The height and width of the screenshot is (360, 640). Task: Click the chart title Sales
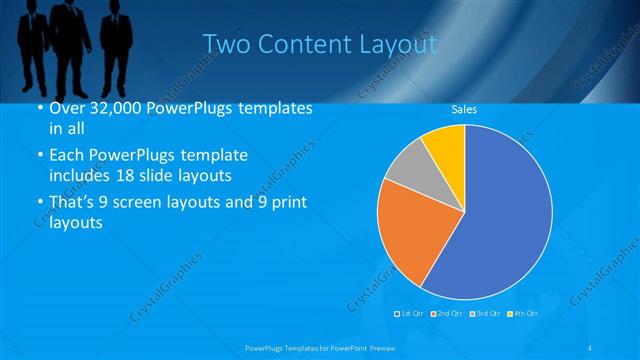click(464, 108)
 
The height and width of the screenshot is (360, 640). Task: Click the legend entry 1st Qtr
click(410, 314)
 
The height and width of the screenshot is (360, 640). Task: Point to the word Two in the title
click(224, 45)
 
